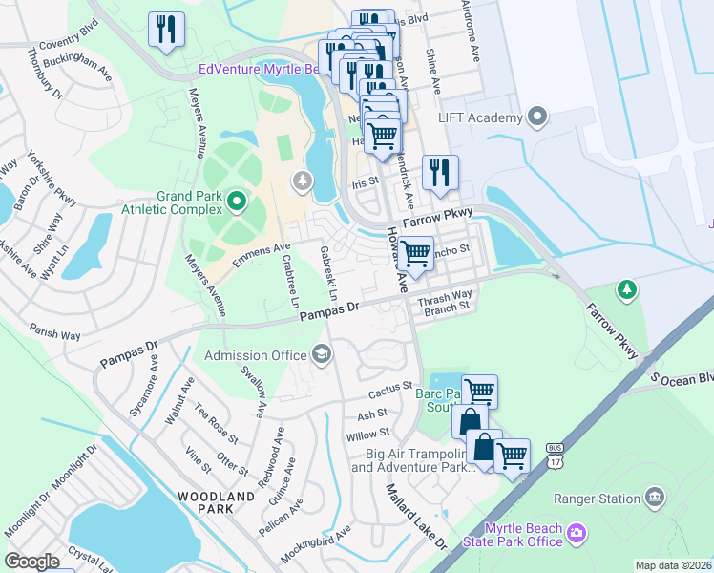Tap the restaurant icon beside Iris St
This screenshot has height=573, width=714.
[x=440, y=172]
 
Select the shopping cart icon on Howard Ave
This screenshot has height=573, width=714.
[x=415, y=253]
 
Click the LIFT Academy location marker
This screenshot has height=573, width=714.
[x=536, y=117]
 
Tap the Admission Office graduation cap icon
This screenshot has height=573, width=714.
[x=322, y=356]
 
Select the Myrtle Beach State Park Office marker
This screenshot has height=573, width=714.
[x=576, y=532]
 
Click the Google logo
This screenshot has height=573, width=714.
[x=31, y=562]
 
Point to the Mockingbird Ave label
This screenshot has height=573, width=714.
[x=316, y=543]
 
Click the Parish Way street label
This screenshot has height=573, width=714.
[x=54, y=335]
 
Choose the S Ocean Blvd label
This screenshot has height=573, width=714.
[x=682, y=379]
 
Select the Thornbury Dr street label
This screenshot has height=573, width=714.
[x=44, y=76]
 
